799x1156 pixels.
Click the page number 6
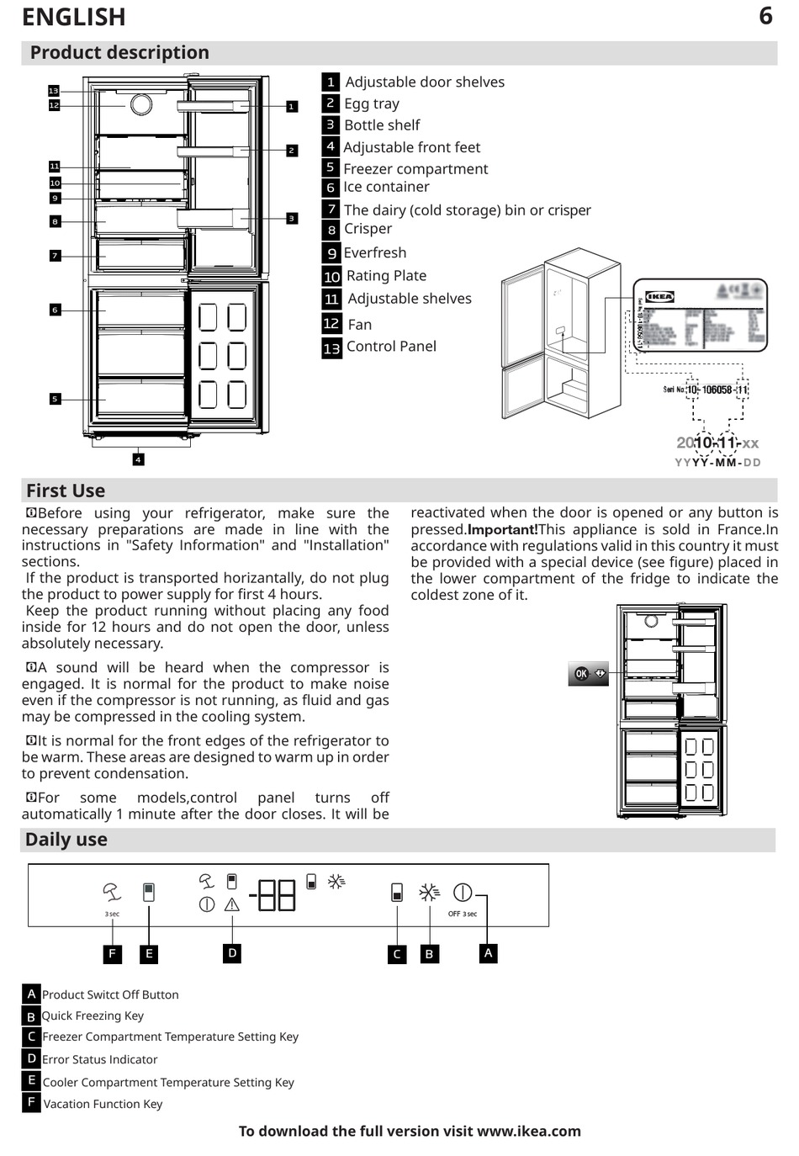click(x=765, y=15)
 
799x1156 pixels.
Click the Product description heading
click(x=119, y=52)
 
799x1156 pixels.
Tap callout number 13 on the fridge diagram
click(x=54, y=90)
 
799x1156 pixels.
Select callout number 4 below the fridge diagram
click(x=138, y=459)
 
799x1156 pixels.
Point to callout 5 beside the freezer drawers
click(x=55, y=399)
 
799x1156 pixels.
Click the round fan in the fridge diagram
click(x=140, y=104)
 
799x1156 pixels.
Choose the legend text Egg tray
click(x=372, y=103)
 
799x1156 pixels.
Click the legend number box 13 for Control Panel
click(x=331, y=347)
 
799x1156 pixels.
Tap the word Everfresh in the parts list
click(x=375, y=252)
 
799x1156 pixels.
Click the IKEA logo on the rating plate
click(x=659, y=296)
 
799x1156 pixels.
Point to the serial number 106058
click(x=717, y=390)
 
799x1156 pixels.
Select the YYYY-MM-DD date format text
click(x=717, y=463)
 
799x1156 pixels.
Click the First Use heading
click(x=66, y=491)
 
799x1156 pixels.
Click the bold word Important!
click(x=502, y=529)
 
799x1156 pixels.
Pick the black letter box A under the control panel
click(x=488, y=953)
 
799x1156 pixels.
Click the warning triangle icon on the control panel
click(x=232, y=905)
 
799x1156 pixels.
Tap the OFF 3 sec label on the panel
click(x=462, y=914)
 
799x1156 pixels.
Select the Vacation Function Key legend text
click(x=103, y=1104)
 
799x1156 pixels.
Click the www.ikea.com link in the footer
click(x=528, y=1131)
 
